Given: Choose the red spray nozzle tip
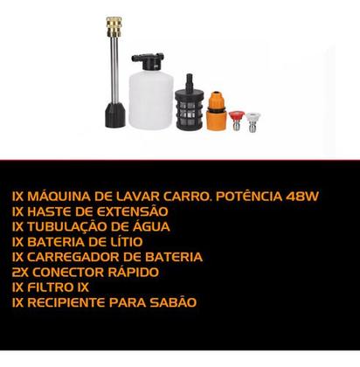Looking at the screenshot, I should [x=235, y=118].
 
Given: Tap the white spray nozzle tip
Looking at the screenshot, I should [x=253, y=119].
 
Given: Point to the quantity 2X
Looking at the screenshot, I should [x=23, y=272].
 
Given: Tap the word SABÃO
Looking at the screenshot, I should [x=173, y=302].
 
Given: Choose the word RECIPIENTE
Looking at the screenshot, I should [x=72, y=302].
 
